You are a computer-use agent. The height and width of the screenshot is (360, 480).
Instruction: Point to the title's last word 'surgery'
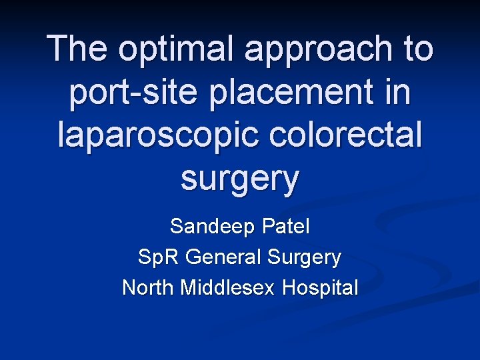(240, 179)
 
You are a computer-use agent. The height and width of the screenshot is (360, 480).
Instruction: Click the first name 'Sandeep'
(213, 227)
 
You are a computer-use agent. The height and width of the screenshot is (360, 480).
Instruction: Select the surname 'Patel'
(285, 226)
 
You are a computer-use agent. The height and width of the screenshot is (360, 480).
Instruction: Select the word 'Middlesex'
(229, 287)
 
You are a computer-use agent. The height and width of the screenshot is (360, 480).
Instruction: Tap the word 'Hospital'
(321, 289)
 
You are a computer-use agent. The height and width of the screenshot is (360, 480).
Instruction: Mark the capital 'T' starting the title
(59, 49)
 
